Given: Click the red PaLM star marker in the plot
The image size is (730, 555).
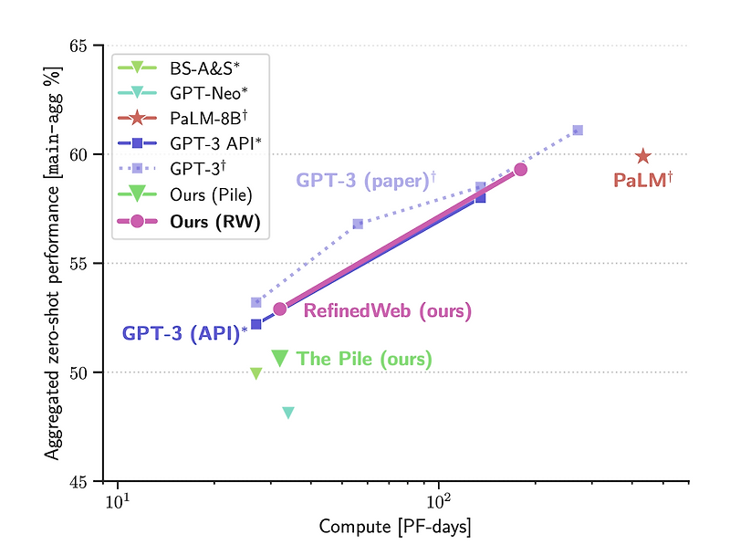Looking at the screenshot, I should click(x=643, y=156).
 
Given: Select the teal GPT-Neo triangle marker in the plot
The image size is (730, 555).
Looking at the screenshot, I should click(x=288, y=413).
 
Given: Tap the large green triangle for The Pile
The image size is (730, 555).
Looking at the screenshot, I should click(x=280, y=358).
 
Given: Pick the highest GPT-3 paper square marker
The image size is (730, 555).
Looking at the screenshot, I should click(x=578, y=131).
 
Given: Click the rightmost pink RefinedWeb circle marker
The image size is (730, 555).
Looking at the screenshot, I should click(x=520, y=169).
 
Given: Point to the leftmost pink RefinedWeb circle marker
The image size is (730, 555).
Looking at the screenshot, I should click(x=280, y=309).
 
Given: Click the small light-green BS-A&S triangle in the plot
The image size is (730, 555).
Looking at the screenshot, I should click(x=256, y=372).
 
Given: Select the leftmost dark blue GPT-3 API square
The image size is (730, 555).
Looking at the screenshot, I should click(x=256, y=324).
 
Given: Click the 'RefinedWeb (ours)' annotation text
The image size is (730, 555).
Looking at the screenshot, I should click(x=388, y=310).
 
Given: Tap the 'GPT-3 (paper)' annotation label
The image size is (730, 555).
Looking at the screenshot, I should click(x=365, y=181).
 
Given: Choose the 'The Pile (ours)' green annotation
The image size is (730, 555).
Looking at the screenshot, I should click(x=365, y=359).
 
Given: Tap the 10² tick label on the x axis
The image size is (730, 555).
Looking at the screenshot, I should click(x=440, y=500).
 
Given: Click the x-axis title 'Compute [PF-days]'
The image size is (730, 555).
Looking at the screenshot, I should click(x=395, y=528).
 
